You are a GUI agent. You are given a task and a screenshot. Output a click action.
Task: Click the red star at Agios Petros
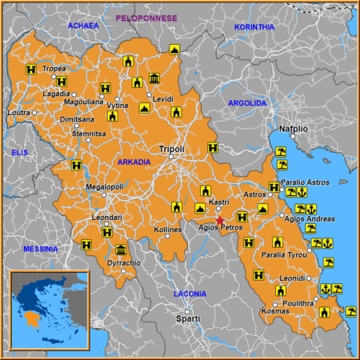[220, 220]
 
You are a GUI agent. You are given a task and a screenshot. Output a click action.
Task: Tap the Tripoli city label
[171, 149]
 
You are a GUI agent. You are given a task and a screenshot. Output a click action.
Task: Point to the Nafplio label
[293, 128]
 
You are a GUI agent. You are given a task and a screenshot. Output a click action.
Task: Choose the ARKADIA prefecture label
[134, 162]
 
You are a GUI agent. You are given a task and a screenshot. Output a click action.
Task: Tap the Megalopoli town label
[104, 187]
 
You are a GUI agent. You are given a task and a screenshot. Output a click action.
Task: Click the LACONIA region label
[190, 294]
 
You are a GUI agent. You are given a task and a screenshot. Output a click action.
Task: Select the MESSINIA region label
[40, 249]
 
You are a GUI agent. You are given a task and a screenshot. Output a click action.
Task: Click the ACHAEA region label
[82, 26]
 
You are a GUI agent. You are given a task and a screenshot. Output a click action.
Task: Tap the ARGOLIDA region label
[247, 103]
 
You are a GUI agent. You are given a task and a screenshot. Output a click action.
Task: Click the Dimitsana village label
[78, 118]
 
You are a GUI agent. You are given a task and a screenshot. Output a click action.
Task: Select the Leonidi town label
[293, 278]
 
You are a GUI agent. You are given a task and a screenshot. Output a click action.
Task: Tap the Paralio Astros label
[306, 182]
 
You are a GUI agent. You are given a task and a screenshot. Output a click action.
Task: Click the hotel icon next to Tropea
[31, 69]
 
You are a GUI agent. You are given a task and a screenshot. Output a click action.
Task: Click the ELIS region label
[19, 151]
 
